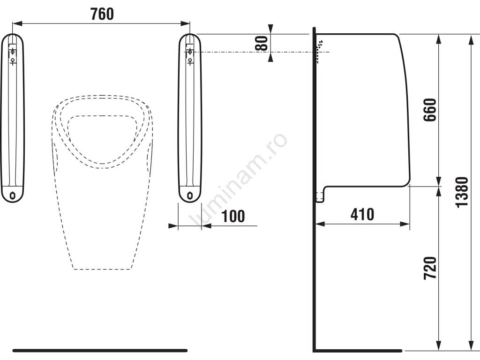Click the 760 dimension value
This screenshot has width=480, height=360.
click(102, 14)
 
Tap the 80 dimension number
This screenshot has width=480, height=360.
click(262, 43)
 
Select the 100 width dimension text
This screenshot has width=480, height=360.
click(233, 216)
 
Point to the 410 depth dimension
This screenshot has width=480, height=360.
click(362, 214)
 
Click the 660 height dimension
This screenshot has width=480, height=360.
click(430, 110)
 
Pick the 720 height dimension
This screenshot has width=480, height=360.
click(430, 268)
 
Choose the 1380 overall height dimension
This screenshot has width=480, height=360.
click(462, 192)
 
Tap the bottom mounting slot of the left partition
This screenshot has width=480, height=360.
click(13, 195)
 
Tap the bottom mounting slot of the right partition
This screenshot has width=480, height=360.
click(190, 195)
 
